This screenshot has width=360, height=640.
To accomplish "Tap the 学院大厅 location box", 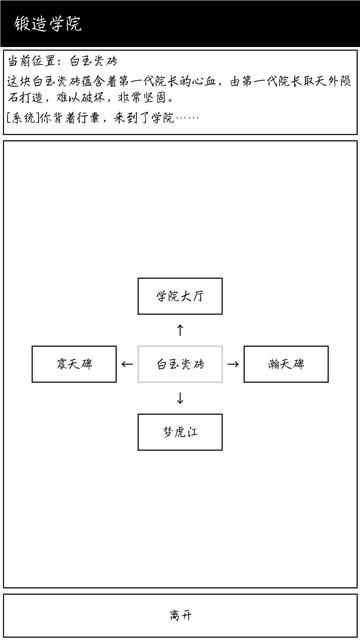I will [180, 296].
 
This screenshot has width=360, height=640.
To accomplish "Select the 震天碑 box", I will [74, 364].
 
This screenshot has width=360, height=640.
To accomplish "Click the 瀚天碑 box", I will [286, 364].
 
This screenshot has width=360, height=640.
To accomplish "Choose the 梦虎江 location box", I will [180, 432].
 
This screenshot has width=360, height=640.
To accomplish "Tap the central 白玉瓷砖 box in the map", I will [180, 364].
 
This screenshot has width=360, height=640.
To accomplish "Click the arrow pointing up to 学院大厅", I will [180, 329].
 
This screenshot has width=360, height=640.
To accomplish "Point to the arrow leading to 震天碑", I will [126, 364].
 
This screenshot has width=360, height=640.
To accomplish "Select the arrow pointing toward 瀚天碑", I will [233, 364].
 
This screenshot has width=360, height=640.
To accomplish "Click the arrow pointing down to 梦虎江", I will [180, 398].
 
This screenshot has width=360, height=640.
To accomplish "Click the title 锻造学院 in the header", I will [48, 23].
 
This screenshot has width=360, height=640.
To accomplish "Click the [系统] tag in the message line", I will [22, 117].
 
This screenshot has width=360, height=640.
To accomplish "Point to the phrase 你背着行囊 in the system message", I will [71, 117].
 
